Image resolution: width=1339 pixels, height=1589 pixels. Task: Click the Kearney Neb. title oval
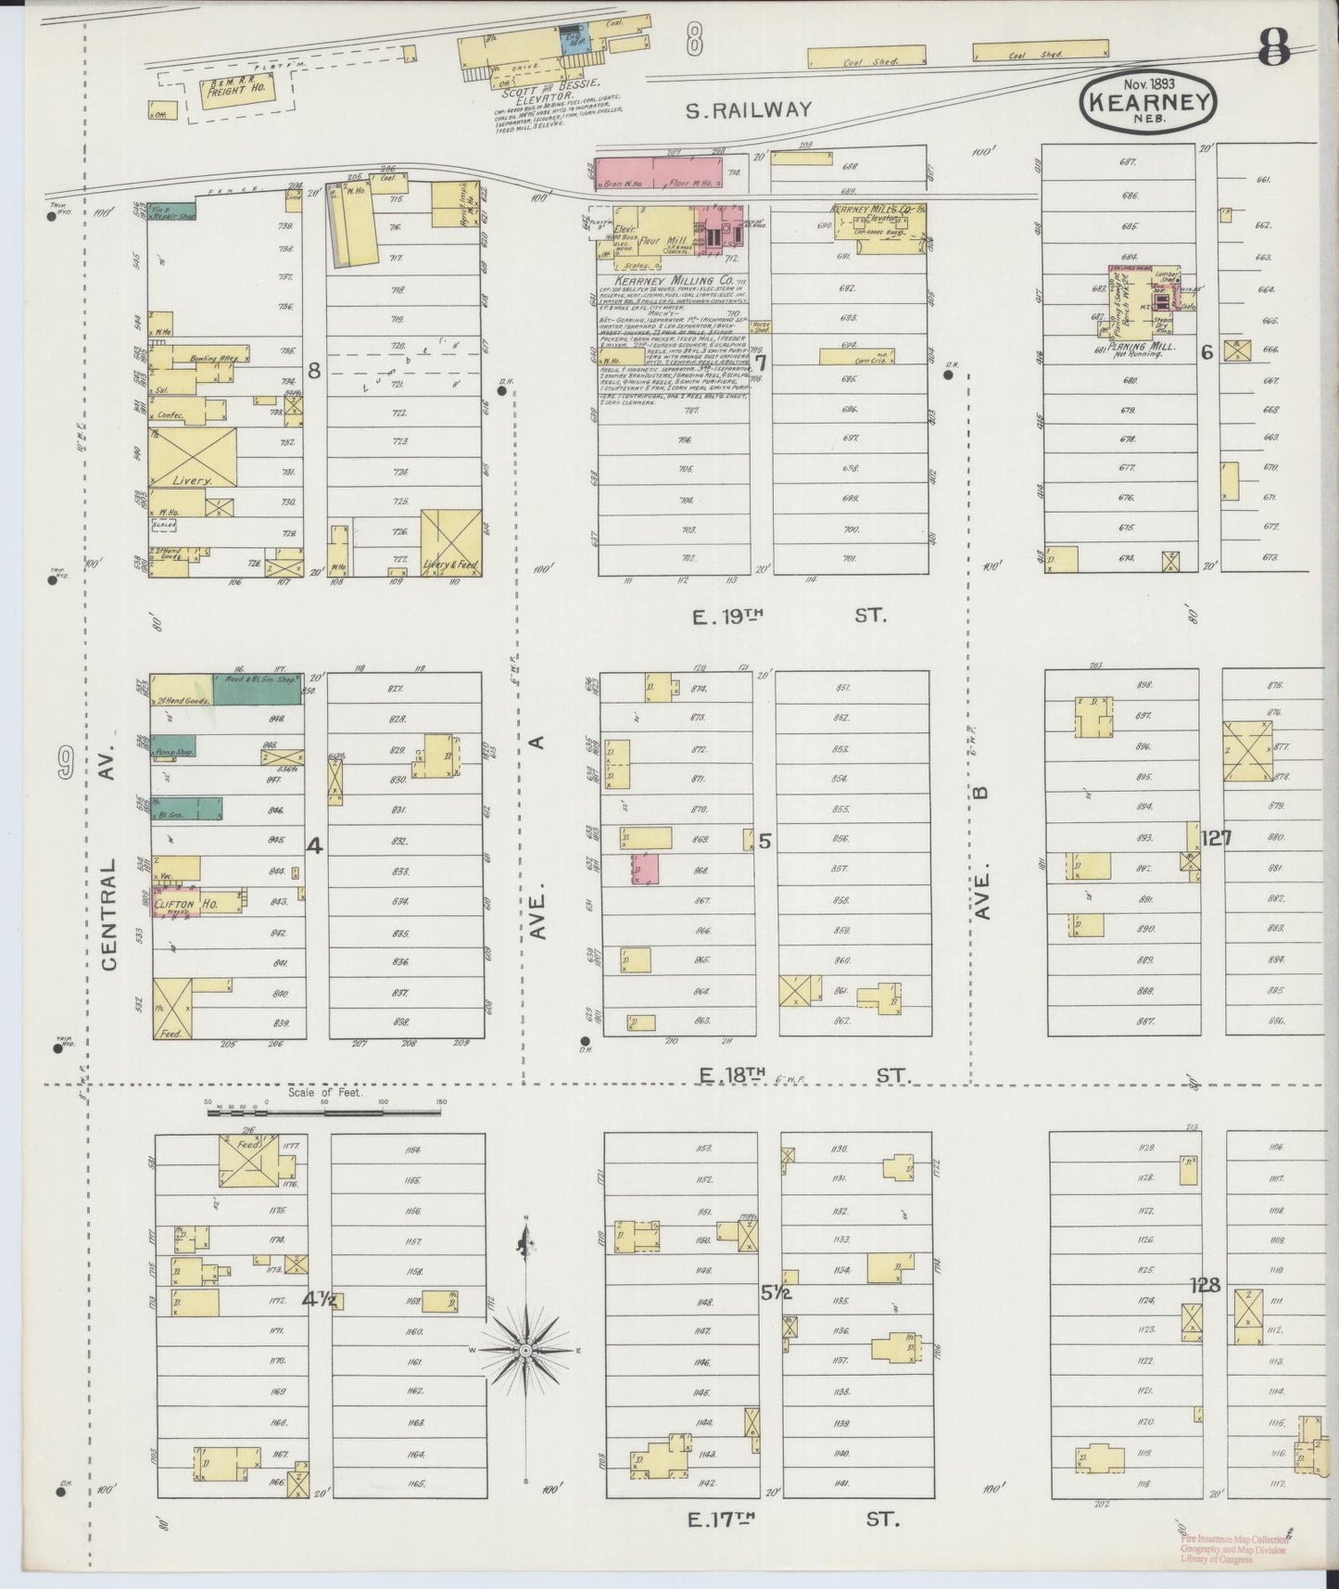click(1147, 102)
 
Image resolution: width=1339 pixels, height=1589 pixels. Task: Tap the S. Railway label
click(748, 110)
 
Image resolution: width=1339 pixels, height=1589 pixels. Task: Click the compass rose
click(526, 1350)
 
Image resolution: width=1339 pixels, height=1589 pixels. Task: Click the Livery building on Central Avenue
click(192, 457)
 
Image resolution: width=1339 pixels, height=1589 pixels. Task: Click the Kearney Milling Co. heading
click(670, 280)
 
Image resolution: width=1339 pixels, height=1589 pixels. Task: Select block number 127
click(1216, 838)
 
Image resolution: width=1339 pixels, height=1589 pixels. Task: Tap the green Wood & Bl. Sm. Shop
click(257, 690)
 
